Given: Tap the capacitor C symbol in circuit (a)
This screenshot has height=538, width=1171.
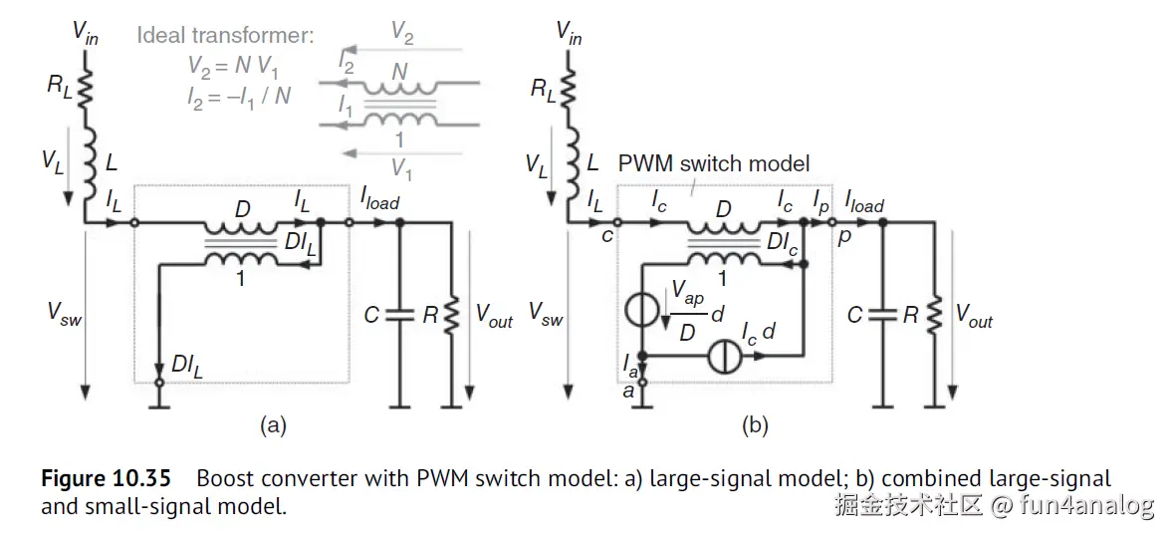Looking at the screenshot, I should [x=398, y=316].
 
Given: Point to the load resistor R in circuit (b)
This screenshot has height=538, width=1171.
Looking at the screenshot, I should [x=935, y=316].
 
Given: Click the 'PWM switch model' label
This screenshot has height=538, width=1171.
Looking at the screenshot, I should [x=714, y=162].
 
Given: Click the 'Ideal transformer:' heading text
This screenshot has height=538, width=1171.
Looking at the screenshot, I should [x=225, y=37].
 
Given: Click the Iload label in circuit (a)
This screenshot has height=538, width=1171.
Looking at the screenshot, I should [x=379, y=201].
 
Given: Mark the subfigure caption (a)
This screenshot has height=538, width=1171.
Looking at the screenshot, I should [x=273, y=426].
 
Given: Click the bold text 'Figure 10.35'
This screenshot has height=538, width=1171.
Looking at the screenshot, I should [x=105, y=479].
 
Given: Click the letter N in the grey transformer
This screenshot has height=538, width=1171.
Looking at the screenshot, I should [x=398, y=71].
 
